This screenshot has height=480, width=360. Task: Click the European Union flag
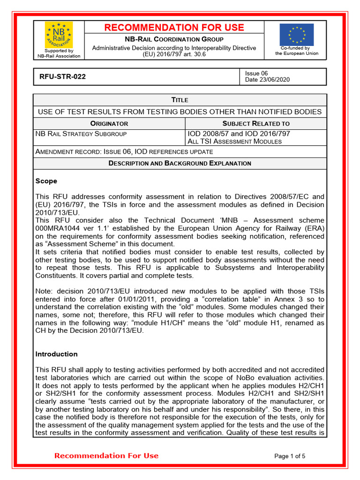(x=296, y=35)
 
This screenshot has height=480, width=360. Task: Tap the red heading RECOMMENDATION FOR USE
(x=174, y=28)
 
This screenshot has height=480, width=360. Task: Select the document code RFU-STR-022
(x=60, y=76)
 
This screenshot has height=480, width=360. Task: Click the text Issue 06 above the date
(x=256, y=73)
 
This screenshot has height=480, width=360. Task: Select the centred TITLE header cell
(x=180, y=100)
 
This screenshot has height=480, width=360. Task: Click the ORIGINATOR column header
(x=109, y=124)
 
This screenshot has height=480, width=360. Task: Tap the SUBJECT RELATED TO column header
(x=256, y=124)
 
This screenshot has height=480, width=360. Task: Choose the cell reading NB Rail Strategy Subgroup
(x=81, y=134)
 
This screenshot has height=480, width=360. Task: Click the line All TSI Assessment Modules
(x=235, y=142)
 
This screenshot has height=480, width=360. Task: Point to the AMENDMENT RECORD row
(x=124, y=152)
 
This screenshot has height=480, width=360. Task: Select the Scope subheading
(x=46, y=181)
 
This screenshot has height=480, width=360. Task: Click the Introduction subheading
(x=57, y=354)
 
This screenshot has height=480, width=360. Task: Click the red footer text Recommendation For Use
(x=106, y=456)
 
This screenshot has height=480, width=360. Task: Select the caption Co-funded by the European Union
(x=296, y=51)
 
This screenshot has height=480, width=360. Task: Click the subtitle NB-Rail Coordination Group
(x=174, y=39)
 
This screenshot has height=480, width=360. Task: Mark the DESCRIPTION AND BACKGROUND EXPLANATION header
(x=180, y=164)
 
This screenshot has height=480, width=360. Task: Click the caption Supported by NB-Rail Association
(x=59, y=53)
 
